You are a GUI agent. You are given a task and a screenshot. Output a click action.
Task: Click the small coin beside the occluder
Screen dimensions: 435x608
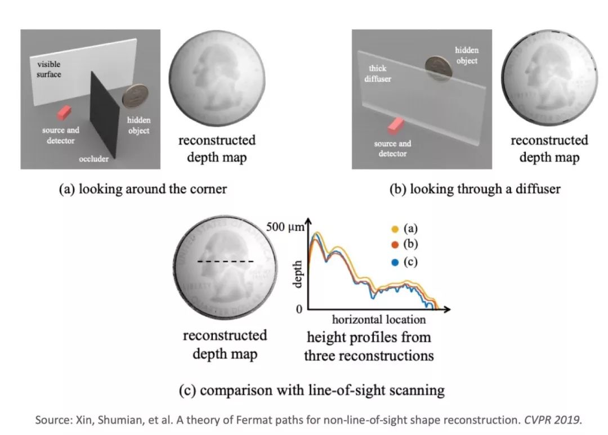pyautogui.click(x=135, y=96)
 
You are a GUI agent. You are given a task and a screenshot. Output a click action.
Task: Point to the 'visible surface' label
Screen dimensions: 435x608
pyautogui.click(x=46, y=69)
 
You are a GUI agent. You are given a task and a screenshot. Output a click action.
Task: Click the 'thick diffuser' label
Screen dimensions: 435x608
pyautogui.click(x=377, y=74)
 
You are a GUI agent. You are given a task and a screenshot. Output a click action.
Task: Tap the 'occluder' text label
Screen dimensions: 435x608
pyautogui.click(x=93, y=159)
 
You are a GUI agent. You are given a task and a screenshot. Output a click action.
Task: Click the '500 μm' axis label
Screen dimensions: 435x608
pyautogui.click(x=284, y=228)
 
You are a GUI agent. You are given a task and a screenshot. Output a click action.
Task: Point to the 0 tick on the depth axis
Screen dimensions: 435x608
pyautogui.click(x=299, y=309)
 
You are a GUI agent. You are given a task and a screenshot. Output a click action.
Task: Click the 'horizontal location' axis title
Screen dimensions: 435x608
pyautogui.click(x=378, y=320)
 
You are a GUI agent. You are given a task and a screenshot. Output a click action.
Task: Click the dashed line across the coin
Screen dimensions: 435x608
pyautogui.click(x=225, y=261)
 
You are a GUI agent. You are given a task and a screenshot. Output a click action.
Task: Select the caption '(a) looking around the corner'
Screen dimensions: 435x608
pyautogui.click(x=143, y=189)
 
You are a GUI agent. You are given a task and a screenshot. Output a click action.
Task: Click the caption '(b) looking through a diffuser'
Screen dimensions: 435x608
pyautogui.click(x=475, y=189)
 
